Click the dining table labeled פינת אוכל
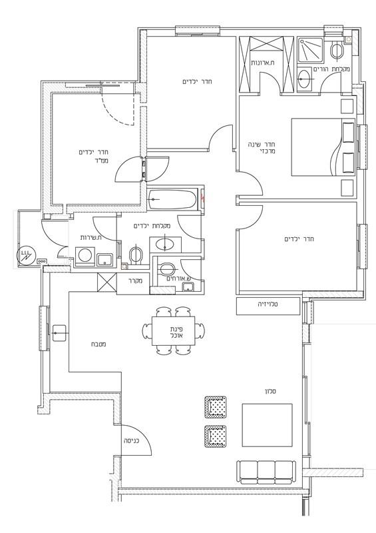(174, 330)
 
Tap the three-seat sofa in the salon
(266, 472)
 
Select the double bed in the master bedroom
(323, 147)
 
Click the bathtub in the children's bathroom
(172, 199)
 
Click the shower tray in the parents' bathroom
(310, 50)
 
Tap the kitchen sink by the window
(59, 332)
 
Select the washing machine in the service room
(85, 256)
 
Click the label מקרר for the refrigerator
(135, 281)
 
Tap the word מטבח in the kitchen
(98, 344)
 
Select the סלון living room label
(270, 391)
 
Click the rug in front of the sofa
(267, 425)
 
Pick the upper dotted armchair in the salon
(216, 407)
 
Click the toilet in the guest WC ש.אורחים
(166, 269)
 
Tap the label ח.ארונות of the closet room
(263, 63)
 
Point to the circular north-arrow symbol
(26, 255)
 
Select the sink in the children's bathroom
(165, 245)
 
